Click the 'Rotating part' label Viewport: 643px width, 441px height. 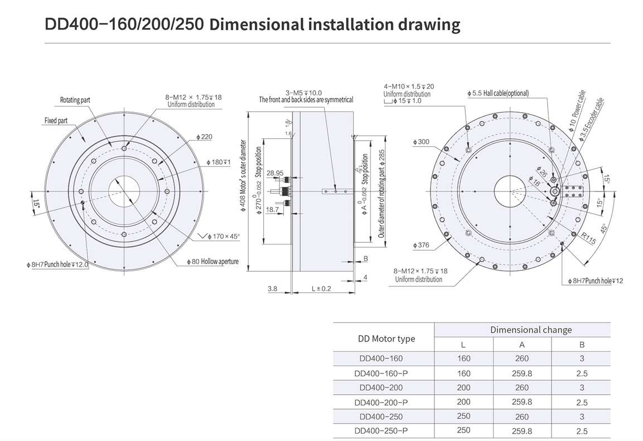pyautogui.click(x=75, y=100)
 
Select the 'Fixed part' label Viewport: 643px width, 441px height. pyautogui.click(x=56, y=121)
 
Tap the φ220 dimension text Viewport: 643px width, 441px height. pyautogui.click(x=204, y=137)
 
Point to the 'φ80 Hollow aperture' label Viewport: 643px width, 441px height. pyautogui.click(x=212, y=262)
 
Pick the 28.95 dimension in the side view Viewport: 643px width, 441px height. pyautogui.click(x=275, y=173)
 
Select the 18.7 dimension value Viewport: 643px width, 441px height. pyautogui.click(x=272, y=209)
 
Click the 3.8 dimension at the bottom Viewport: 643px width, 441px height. pyautogui.click(x=272, y=289)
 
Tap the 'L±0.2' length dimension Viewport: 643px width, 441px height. pyautogui.click(x=321, y=289)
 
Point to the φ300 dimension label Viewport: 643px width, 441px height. pyautogui.click(x=421, y=142)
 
